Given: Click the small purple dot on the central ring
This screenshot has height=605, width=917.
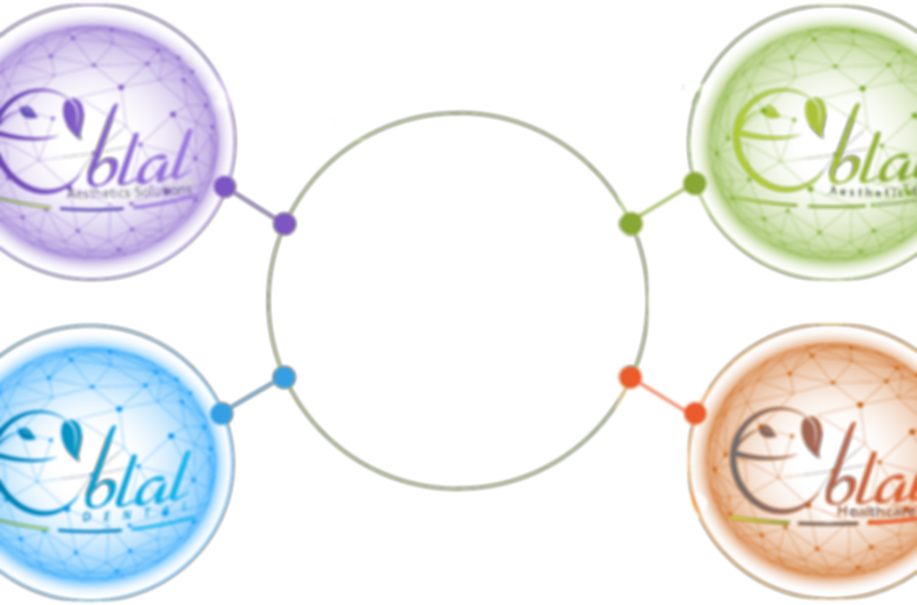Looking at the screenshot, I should pos(285,224).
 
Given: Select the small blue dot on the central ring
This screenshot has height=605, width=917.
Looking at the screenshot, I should pos(284,377).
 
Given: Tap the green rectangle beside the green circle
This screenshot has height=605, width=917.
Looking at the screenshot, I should pos(662,204).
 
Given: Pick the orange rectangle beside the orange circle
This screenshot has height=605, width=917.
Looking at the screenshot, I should pos(661,395).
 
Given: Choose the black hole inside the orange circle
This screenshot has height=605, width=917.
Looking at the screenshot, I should pos(830,458).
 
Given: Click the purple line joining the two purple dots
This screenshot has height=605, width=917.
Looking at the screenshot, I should pos(255,206).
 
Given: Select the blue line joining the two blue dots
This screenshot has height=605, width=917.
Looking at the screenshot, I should pos(253,396).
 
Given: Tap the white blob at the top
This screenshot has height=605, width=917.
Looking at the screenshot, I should pos(318,56).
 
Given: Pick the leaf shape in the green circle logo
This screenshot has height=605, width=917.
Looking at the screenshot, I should pos(817,112).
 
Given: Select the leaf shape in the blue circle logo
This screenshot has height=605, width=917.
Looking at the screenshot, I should pos(71,432).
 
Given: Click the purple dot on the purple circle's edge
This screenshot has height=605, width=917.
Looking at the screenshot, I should pos(225,186).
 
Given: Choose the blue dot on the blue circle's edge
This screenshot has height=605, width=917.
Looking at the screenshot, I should pos(222,413).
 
